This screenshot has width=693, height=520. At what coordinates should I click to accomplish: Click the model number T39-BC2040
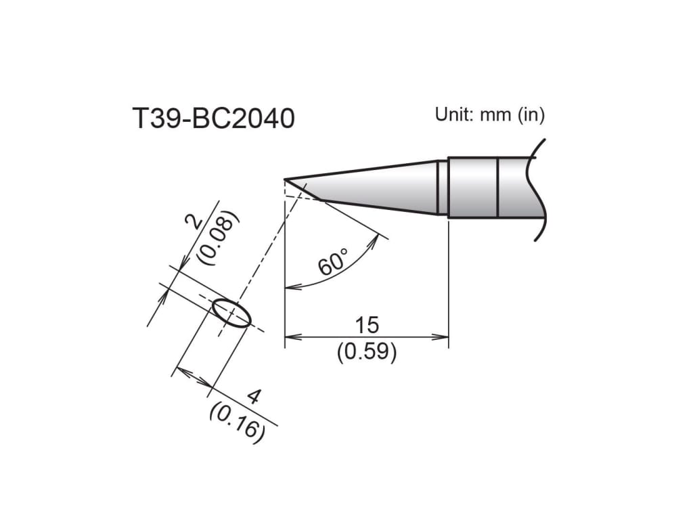tap(213, 119)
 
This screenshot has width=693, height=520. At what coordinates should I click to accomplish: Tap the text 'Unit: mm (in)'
tap(489, 114)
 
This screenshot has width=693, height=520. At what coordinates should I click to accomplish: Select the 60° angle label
tap(332, 261)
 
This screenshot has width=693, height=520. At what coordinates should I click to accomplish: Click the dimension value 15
tap(367, 325)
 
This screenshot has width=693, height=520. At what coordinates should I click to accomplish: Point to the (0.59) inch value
tap(367, 352)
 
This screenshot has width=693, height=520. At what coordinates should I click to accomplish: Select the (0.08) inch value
tap(218, 236)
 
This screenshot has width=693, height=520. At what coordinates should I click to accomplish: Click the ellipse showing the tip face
tap(231, 313)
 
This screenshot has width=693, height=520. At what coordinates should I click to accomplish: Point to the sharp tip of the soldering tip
tap(286, 180)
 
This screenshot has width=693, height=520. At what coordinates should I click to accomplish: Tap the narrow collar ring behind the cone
tap(442, 188)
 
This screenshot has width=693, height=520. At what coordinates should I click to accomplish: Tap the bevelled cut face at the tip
tap(304, 189)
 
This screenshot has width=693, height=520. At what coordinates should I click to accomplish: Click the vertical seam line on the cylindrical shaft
tap(497, 188)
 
